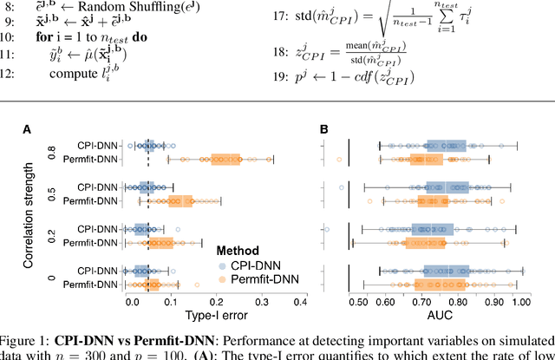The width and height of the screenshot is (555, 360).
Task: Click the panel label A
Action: pos(27,130)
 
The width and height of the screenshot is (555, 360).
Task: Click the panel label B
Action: pos(323,130)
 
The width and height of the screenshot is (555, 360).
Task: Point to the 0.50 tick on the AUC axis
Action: pos(357,303)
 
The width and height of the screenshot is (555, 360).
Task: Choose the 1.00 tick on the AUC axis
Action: pos(520,303)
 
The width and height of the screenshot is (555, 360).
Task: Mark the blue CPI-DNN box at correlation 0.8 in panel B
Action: pos(447,146)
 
